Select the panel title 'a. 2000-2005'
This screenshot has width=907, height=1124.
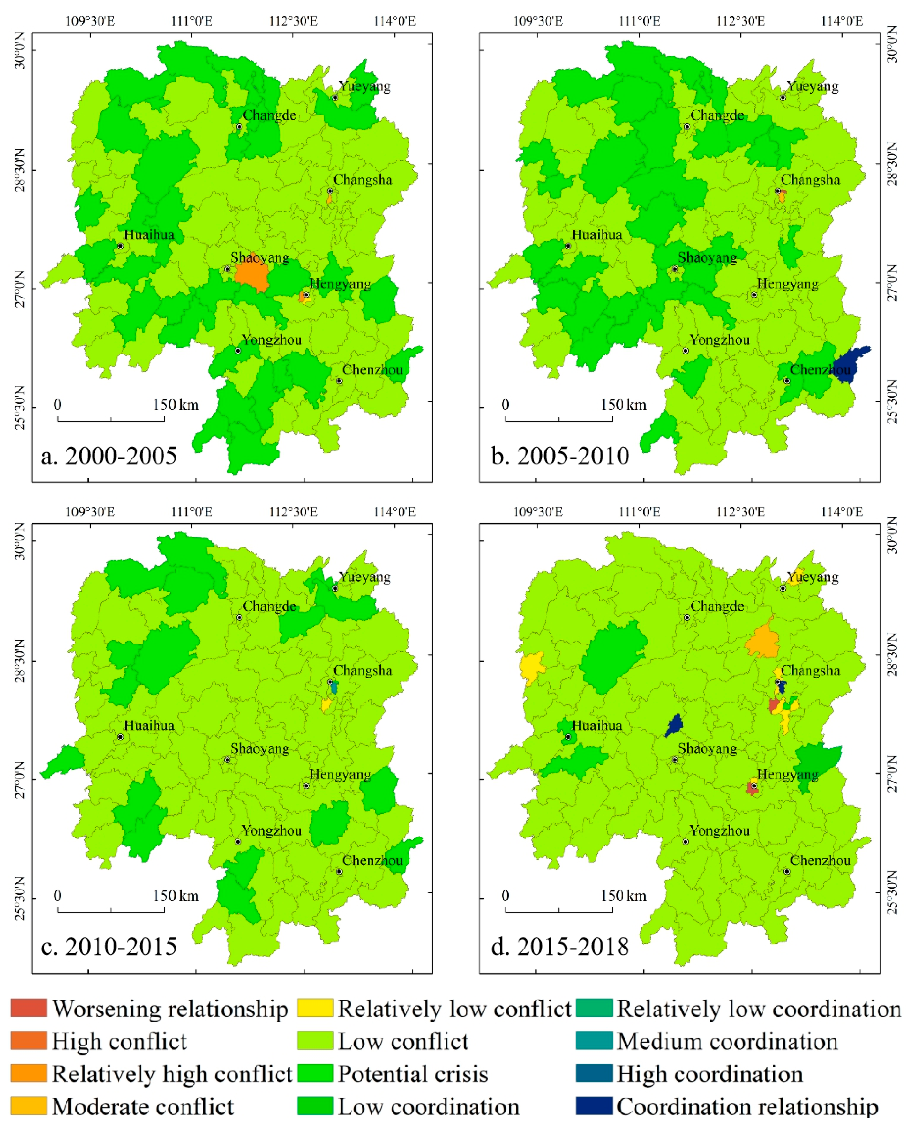click(109, 456)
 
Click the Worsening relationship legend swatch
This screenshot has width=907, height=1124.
click(29, 1009)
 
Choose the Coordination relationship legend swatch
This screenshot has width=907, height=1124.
click(594, 1106)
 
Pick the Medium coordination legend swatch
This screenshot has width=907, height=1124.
click(594, 1041)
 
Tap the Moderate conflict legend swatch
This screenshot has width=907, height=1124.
click(29, 1106)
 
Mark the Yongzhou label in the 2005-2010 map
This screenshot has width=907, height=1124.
click(719, 340)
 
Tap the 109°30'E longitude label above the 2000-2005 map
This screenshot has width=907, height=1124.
click(90, 21)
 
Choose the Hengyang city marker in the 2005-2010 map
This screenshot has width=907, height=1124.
click(754, 295)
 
